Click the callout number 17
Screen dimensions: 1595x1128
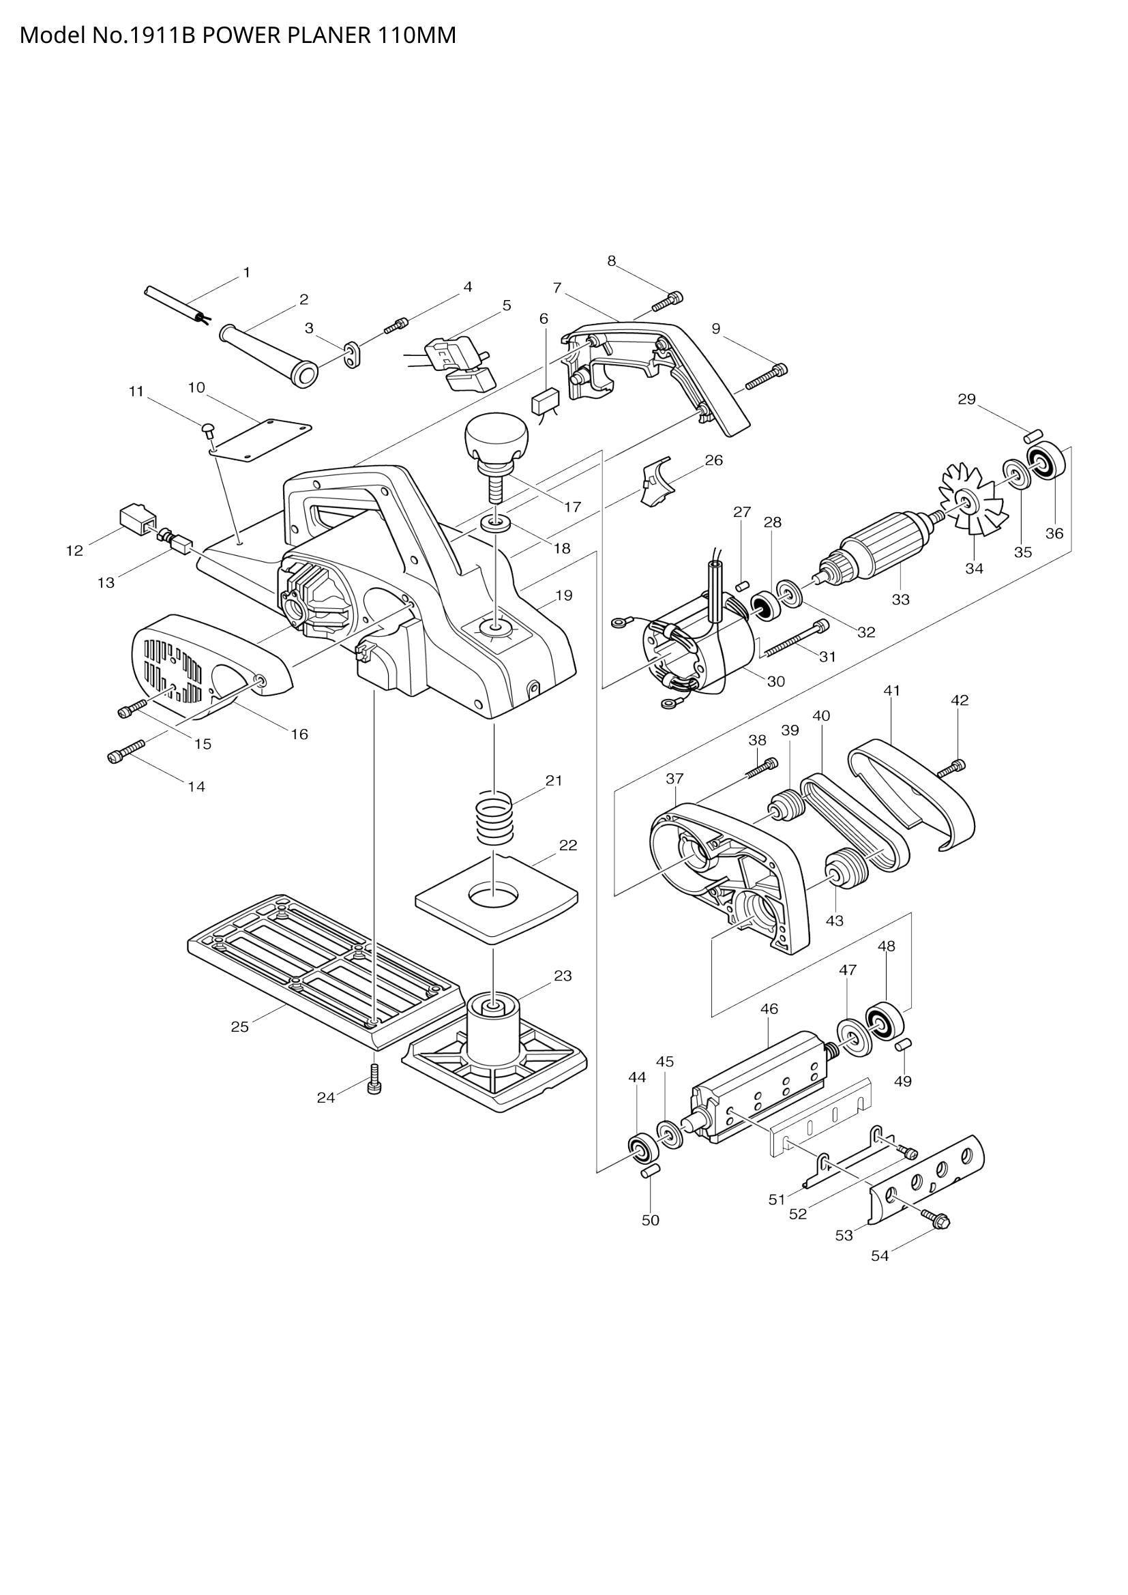coord(572,507)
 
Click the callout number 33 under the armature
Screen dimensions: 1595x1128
coord(900,599)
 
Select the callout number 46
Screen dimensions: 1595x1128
coord(769,1009)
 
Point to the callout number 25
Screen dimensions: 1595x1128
coord(239,1027)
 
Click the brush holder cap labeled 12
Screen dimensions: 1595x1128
coord(136,518)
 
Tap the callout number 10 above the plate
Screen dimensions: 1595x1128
coord(196,387)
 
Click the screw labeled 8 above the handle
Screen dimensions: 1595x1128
coord(668,301)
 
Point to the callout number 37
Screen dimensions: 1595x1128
coord(674,779)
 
